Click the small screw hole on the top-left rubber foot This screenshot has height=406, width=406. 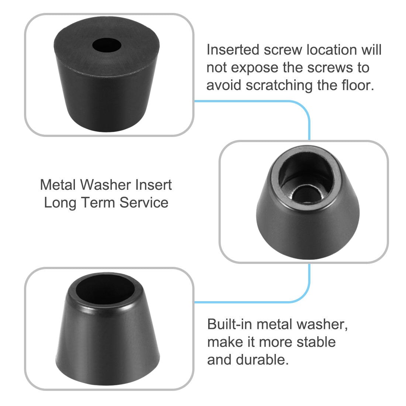pyautogui.click(x=106, y=46)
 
